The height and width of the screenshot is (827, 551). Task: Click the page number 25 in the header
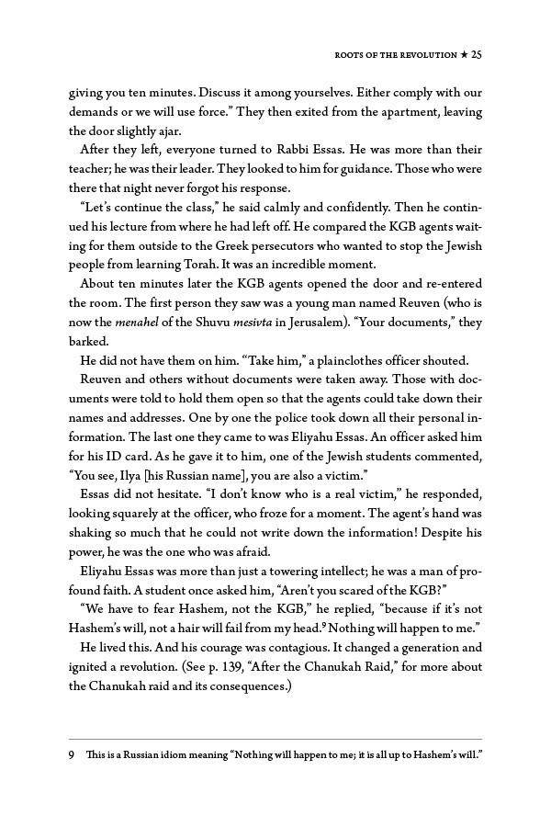click(x=477, y=55)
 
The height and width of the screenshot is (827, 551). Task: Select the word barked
click(x=89, y=342)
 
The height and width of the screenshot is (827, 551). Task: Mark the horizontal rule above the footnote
click(x=275, y=739)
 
